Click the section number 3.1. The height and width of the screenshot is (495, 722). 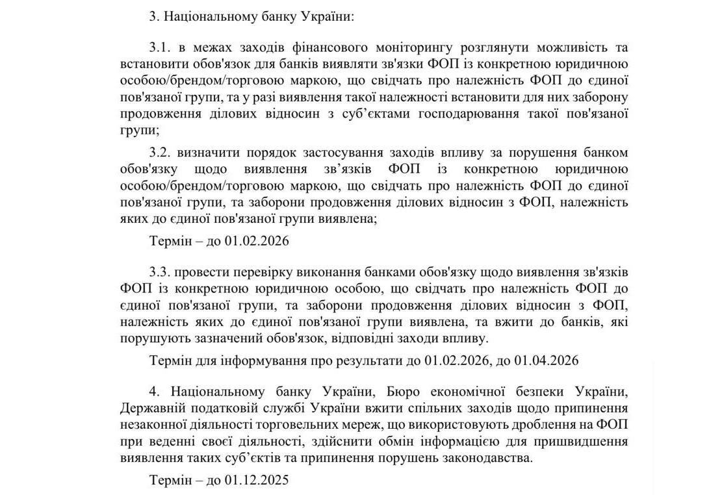tap(159, 47)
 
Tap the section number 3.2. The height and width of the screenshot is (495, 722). tap(159, 153)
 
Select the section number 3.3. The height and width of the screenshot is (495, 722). tap(159, 270)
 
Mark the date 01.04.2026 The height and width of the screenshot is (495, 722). tap(546, 359)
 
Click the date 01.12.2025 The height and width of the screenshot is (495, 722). tap(256, 481)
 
